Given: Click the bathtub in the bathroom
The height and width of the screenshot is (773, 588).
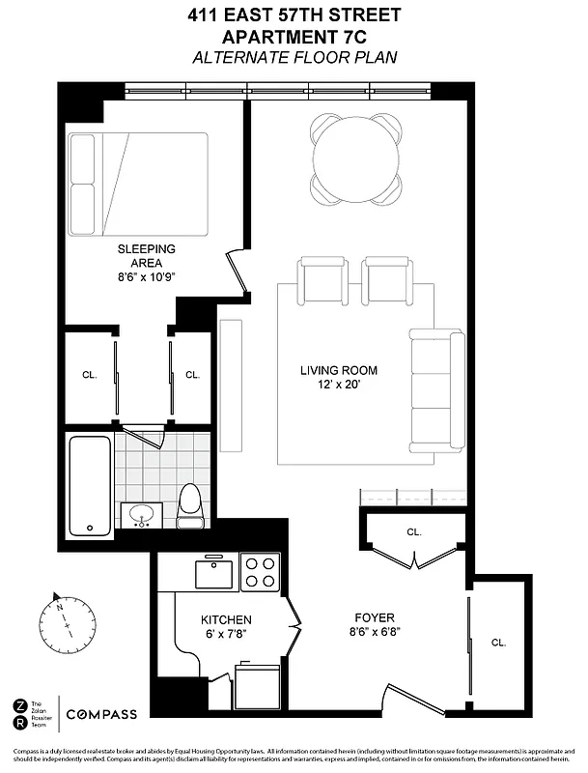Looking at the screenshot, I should click(91, 486).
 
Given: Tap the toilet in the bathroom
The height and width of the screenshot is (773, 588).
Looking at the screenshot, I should click(189, 506).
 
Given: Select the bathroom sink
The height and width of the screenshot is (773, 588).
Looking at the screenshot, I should click(144, 515).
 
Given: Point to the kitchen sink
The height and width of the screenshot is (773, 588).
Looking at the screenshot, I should click(212, 573).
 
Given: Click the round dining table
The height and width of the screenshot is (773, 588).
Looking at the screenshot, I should click(355, 156).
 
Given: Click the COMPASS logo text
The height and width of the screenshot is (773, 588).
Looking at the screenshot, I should click(101, 714).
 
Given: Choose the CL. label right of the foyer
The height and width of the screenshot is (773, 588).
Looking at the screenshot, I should click(498, 642).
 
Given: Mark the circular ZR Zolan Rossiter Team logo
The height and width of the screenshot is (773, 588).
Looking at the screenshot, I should click(21, 714).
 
